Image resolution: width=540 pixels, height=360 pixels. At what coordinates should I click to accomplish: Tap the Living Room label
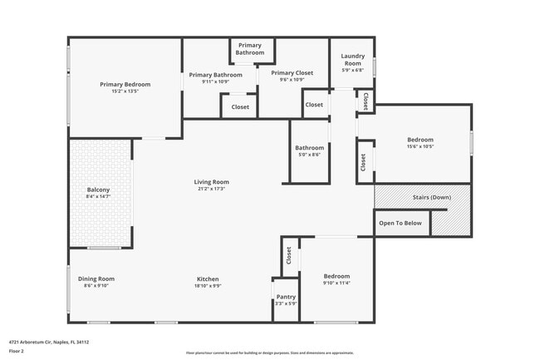212,182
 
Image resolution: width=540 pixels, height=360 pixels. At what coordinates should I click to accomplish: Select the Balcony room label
98,190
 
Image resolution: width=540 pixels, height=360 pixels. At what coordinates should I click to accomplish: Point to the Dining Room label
96,279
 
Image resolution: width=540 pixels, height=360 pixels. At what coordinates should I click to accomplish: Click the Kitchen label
208,279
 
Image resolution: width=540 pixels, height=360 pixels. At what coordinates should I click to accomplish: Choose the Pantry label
286,297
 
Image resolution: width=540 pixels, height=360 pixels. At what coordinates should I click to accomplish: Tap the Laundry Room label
353,60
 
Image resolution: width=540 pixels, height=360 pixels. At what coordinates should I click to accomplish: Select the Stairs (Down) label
432,197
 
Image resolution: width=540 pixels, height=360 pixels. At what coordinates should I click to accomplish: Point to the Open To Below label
400,223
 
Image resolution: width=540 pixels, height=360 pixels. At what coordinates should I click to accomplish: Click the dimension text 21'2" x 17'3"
212,189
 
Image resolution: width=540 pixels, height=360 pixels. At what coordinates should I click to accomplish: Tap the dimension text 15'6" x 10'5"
420,146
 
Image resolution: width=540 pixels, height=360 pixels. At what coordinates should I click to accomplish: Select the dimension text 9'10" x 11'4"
336,283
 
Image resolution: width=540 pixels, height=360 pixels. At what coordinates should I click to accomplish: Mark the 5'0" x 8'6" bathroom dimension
309,155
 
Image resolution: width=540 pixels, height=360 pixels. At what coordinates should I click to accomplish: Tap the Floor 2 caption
17,351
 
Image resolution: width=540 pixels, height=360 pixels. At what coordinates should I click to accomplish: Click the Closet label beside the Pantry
288,255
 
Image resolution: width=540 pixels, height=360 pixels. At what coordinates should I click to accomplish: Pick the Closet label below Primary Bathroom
240,106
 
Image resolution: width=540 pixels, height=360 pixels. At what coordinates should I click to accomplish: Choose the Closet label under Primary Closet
314,105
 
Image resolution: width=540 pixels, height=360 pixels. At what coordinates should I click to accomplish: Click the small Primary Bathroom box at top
250,48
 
